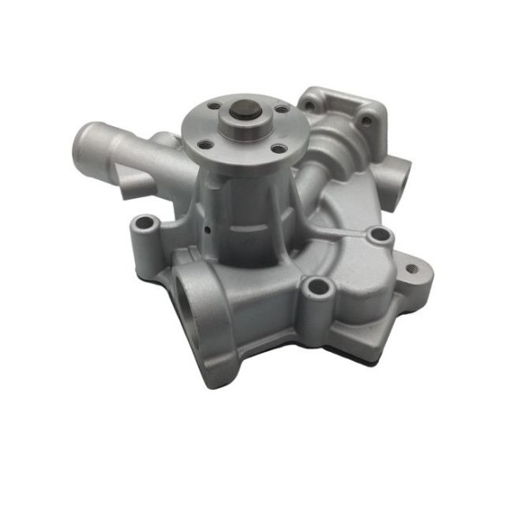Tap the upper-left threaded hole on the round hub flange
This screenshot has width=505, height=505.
pyautogui.click(x=213, y=107)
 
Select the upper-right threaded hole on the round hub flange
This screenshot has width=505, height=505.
pyautogui.click(x=280, y=110)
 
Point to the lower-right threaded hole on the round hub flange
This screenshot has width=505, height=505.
pyautogui.click(x=276, y=150)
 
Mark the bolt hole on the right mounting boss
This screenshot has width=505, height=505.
pyautogui.click(x=377, y=235)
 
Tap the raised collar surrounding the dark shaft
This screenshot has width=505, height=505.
pyautogui.click(x=243, y=129)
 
